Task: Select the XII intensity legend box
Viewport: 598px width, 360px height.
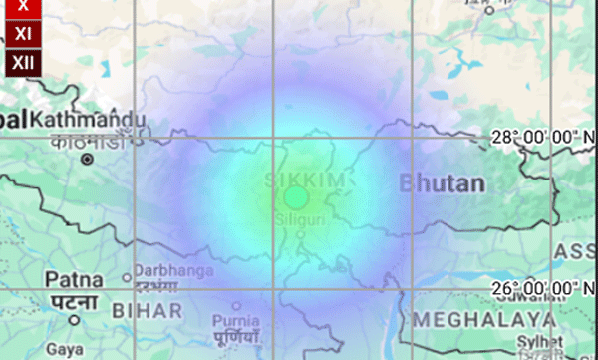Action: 23,64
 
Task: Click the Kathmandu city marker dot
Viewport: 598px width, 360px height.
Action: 88,159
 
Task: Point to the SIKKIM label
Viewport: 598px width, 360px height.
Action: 294,180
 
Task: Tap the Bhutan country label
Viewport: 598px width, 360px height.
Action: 442,183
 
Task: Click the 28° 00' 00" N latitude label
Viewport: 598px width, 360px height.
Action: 544,138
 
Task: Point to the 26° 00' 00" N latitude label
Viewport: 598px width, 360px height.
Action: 544,288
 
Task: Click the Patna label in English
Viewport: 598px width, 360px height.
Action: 71,280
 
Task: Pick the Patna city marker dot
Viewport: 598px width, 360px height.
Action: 74,320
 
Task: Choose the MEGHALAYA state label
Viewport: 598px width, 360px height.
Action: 484,319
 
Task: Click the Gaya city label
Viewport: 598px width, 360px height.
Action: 66,350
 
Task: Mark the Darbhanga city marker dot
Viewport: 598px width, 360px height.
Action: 127,278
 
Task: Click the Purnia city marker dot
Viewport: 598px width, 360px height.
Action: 236,306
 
